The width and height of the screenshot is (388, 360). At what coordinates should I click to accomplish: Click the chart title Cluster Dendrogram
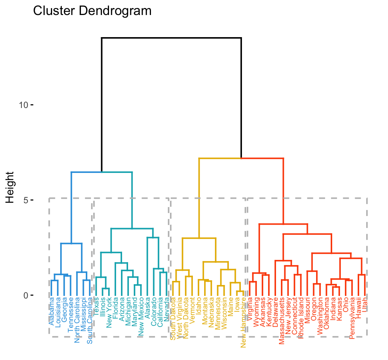click(x=92, y=11)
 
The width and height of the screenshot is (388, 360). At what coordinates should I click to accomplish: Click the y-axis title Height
click(x=10, y=187)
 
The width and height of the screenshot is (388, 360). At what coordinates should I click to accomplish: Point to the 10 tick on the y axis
click(x=24, y=105)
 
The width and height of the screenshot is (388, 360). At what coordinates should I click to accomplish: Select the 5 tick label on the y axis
click(x=26, y=200)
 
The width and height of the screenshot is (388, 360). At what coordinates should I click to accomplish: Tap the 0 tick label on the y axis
click(x=26, y=295)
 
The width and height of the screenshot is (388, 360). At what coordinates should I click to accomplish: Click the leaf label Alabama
click(x=51, y=310)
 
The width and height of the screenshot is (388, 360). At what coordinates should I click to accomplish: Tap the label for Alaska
click(x=147, y=307)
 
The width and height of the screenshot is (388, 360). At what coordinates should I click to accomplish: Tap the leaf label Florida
click(x=115, y=308)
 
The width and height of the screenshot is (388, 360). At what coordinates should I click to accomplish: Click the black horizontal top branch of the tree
click(x=171, y=38)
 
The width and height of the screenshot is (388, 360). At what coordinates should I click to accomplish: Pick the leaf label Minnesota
click(x=218, y=313)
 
